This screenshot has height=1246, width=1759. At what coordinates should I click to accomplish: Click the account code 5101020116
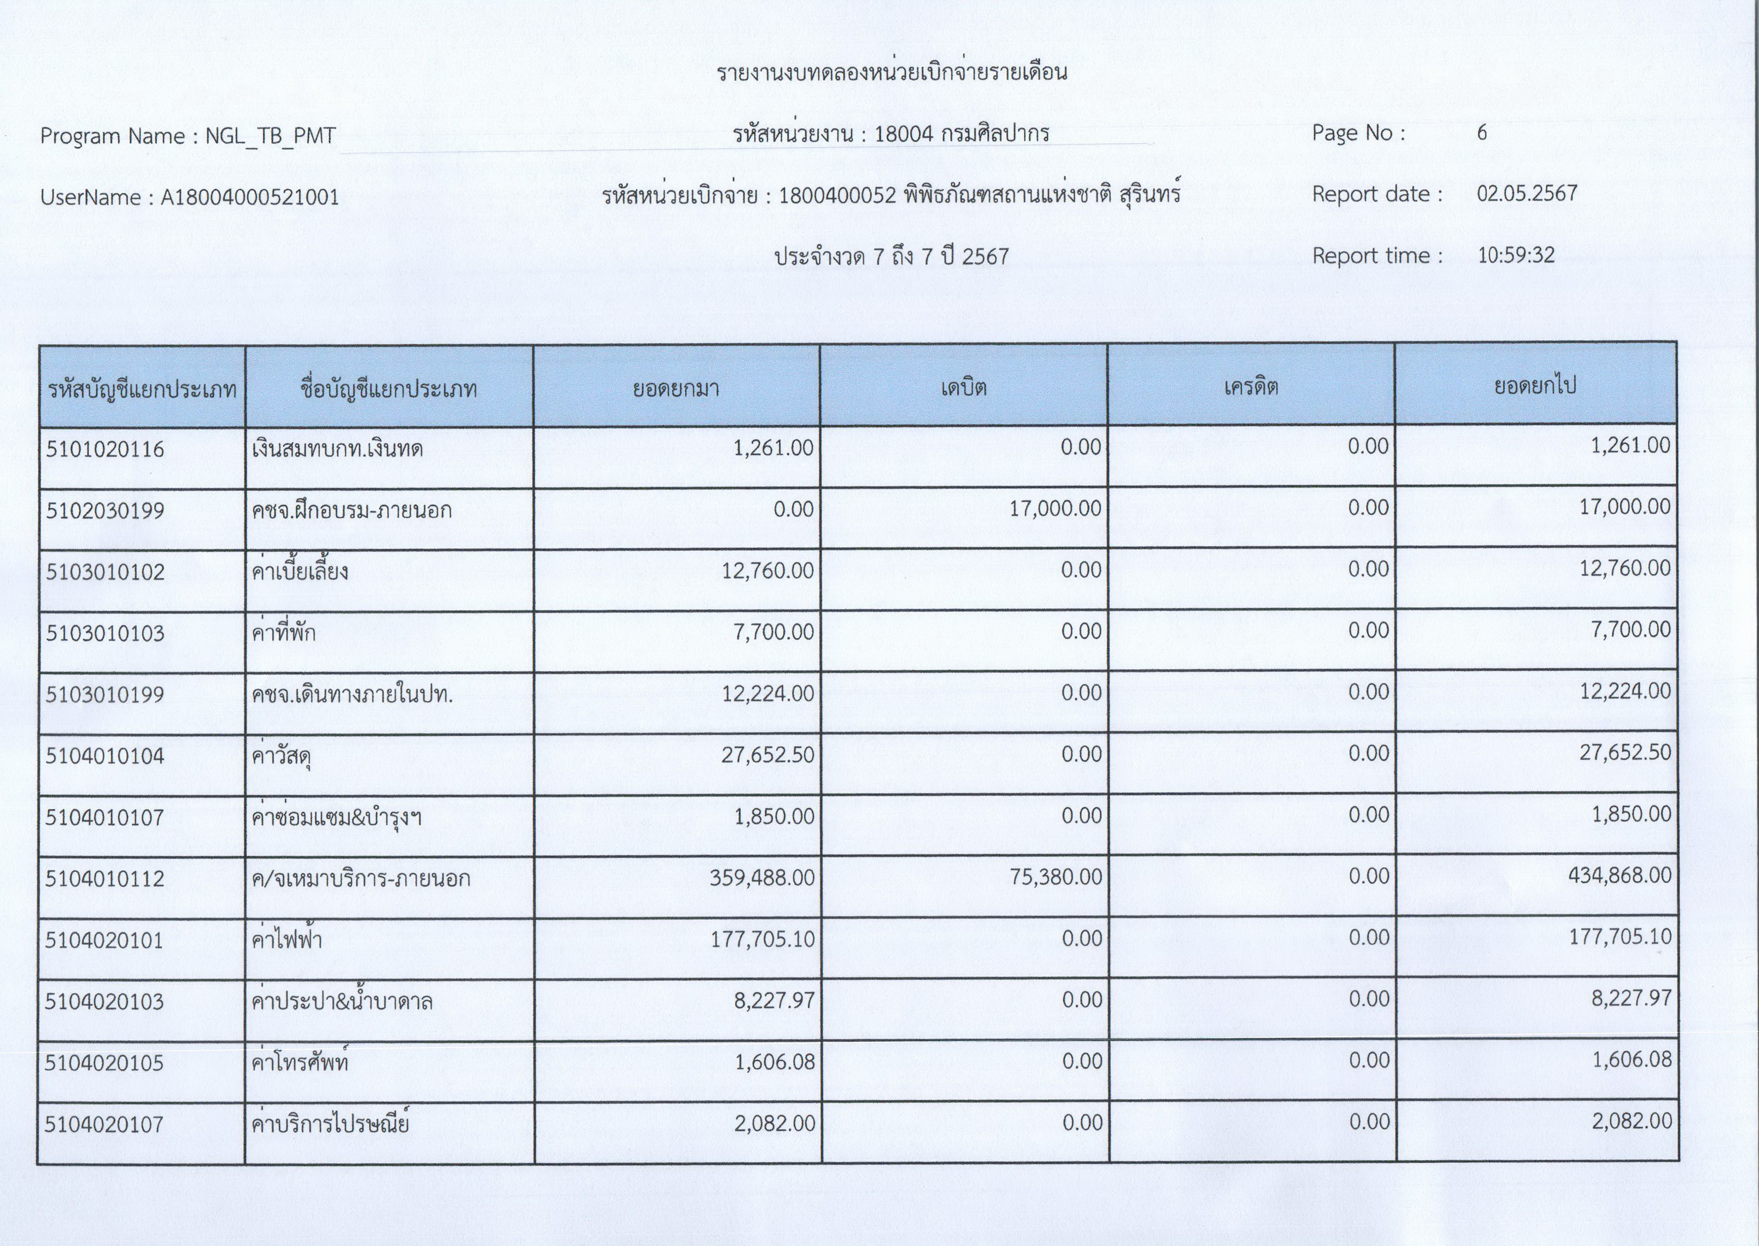(x=105, y=449)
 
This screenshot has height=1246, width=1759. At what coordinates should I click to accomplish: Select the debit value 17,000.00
(x=1055, y=509)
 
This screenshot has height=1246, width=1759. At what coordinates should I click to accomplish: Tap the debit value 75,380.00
(x=1055, y=877)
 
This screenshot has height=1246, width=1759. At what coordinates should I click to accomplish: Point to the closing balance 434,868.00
(x=1618, y=875)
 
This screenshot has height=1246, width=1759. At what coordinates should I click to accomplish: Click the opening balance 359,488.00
(x=762, y=878)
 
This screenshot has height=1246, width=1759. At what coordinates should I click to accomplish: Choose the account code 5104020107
(x=105, y=1125)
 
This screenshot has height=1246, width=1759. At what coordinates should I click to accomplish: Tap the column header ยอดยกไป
(x=1535, y=386)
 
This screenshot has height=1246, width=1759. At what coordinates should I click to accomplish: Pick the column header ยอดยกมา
(x=676, y=388)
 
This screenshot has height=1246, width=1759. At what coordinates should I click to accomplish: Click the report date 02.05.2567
(x=1526, y=193)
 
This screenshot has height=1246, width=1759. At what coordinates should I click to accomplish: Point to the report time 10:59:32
(x=1516, y=255)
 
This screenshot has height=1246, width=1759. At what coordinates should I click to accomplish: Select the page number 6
(x=1482, y=133)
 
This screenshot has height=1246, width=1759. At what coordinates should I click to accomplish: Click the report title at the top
(x=891, y=73)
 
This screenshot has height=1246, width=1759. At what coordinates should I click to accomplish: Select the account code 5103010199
(x=105, y=695)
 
